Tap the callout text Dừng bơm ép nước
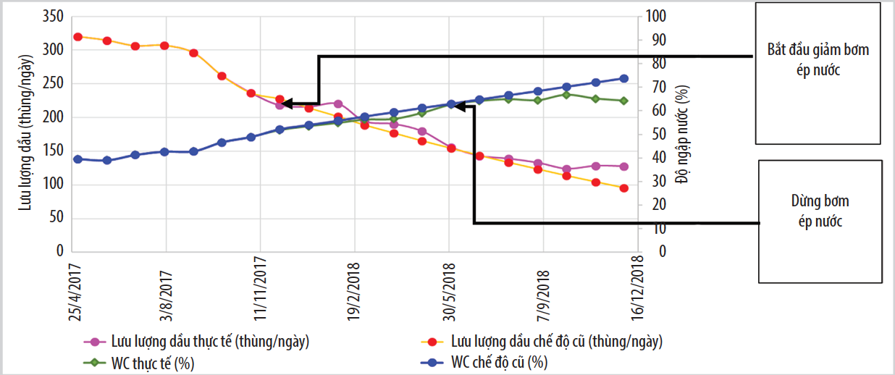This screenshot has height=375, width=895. click(x=820, y=211)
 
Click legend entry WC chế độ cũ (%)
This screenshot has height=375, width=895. click(x=500, y=361)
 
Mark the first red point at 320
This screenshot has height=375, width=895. click(x=77, y=37)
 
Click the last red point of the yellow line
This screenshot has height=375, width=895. click(x=623, y=188)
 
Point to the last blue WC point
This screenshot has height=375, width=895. click(x=623, y=78)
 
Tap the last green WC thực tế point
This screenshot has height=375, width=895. click(x=623, y=101)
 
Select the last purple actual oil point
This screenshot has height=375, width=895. click(x=623, y=167)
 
